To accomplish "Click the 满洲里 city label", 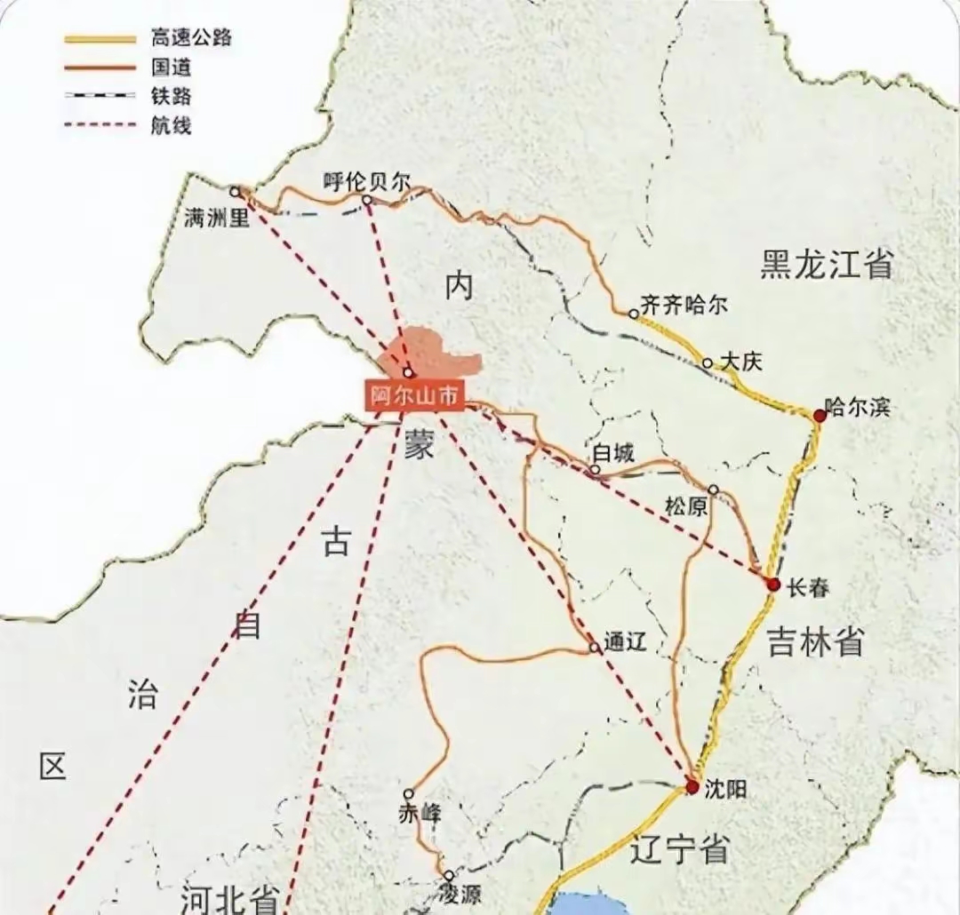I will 217,217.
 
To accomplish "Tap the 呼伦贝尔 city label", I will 366,182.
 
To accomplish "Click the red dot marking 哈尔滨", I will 820,415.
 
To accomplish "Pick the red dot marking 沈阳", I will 692,786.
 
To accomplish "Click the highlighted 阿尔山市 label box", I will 414,396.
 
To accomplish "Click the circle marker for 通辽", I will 594,648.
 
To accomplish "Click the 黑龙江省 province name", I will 826,265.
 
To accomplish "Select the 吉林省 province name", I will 815,640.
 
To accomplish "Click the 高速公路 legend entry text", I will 179,38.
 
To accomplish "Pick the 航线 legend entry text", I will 172,125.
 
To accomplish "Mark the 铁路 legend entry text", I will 172,96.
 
